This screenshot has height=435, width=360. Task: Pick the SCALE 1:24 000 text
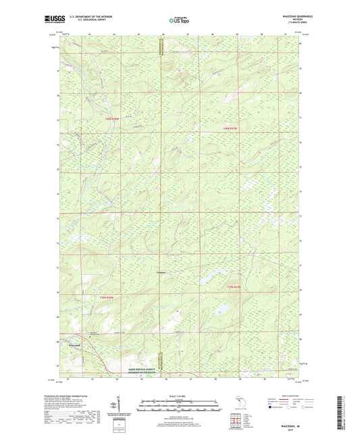coord(180,394)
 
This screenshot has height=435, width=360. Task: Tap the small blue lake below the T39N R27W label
coord(220,311)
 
